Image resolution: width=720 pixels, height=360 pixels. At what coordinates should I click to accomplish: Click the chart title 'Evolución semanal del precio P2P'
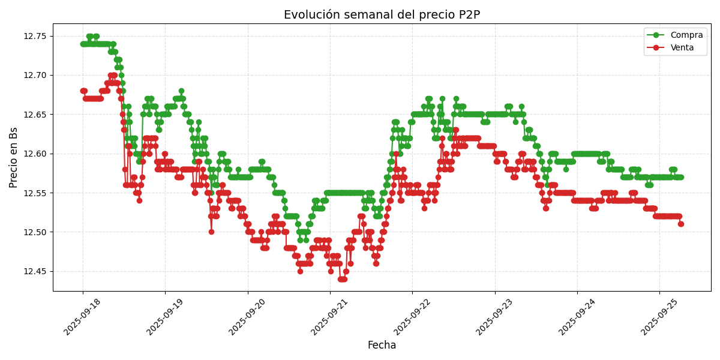coord(382,14)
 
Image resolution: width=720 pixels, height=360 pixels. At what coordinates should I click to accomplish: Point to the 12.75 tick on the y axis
coord(35,36)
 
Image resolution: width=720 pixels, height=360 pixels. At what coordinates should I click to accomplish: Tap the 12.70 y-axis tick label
coord(35,75)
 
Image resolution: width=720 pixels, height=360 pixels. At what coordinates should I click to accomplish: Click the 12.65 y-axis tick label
coord(35,115)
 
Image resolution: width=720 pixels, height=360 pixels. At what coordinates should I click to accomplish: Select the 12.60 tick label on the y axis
coord(35,154)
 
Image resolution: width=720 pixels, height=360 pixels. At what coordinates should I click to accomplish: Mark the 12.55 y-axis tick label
coord(35,193)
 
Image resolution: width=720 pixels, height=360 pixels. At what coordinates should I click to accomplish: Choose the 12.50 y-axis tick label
coord(35,232)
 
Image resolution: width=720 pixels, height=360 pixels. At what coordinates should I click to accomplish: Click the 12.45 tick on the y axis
coord(35,271)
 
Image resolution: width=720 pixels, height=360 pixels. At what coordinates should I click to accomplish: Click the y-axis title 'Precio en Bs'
coord(14,157)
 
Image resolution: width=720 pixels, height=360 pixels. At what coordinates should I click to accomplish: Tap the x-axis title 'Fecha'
coord(382,346)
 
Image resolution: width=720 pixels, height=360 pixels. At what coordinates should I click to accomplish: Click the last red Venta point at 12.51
coord(681,224)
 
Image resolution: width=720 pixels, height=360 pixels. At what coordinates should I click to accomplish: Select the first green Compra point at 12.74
coord(83,44)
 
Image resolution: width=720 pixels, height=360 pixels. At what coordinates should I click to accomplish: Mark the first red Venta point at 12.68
coord(83,91)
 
